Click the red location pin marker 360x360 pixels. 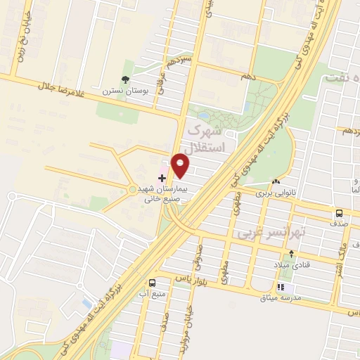pyautogui.click(x=181, y=166)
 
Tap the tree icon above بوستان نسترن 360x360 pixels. pyautogui.click(x=125, y=80)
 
